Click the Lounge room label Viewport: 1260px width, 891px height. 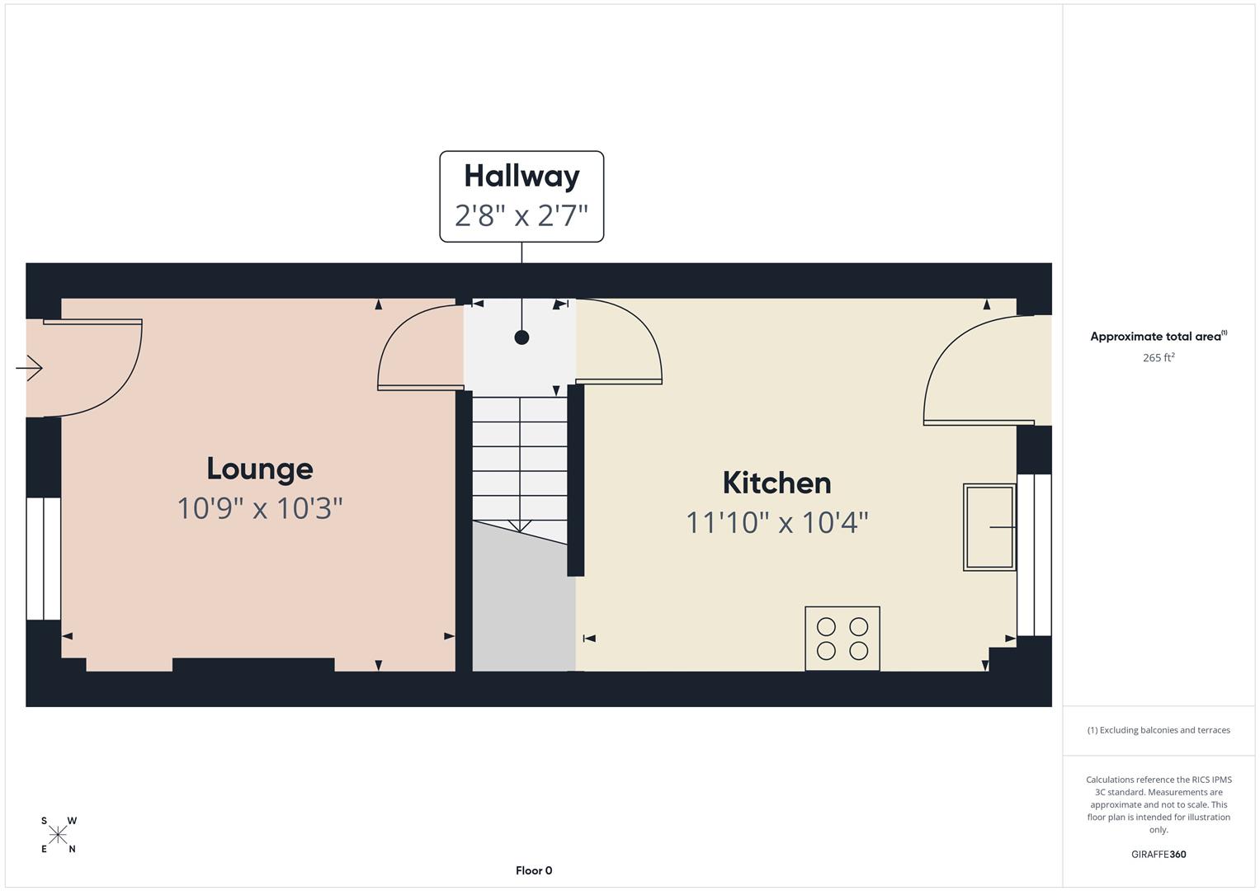pos(260,469)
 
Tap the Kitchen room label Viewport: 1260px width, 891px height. pos(776,483)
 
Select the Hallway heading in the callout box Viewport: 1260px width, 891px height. pos(521,177)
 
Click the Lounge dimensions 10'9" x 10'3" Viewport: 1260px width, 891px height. pos(260,508)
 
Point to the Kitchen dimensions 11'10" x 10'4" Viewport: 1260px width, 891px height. pos(776,522)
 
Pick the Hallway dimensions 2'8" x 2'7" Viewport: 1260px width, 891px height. pos(521,215)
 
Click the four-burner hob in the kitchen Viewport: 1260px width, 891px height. pos(842,639)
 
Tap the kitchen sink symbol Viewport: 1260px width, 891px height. pos(989,527)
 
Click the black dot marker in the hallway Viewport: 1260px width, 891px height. pos(521,337)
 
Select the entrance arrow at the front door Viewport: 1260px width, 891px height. pos(29,369)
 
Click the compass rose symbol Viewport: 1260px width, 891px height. pos(58,835)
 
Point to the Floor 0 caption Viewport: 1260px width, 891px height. pos(534,870)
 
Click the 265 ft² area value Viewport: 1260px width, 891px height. pos(1159,357)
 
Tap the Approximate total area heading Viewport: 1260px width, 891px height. pos(1159,337)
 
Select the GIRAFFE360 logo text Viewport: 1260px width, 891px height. pos(1159,855)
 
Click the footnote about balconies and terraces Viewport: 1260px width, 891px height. pos(1159,730)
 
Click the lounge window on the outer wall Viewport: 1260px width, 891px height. pos(43,559)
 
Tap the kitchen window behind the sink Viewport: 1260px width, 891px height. pos(1034,554)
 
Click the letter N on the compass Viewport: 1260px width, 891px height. pos(72,850)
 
